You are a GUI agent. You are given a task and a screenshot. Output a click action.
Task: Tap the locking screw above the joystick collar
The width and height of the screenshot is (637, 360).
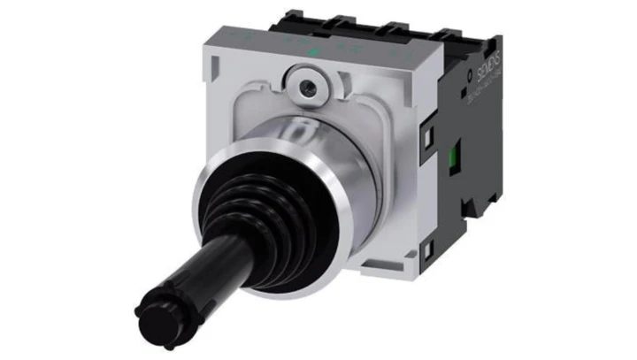pyautogui.click(x=306, y=87)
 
